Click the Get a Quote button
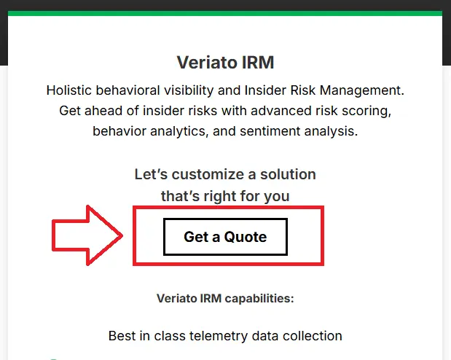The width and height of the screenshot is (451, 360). point(225,237)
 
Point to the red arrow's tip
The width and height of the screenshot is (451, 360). point(122,235)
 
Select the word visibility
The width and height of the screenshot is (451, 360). point(189,90)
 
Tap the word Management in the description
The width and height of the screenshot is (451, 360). point(362,90)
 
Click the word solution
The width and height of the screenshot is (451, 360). point(289,174)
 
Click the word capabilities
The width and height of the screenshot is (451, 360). point(259,298)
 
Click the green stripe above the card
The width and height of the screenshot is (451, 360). point(225,14)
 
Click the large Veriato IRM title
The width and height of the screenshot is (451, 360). point(225,63)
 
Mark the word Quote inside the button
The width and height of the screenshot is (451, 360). point(246,237)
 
